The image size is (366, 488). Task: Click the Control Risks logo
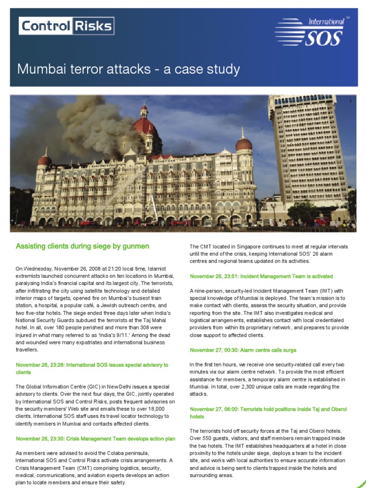pyautogui.click(x=66, y=26)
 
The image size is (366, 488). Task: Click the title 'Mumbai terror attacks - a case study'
pyautogui.click(x=128, y=70)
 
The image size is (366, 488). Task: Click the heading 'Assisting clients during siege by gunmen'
pyautogui.click(x=82, y=246)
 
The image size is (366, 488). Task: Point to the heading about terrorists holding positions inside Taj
pyautogui.click(x=268, y=413)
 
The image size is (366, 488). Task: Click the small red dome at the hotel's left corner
pyautogui.click(x=45, y=160)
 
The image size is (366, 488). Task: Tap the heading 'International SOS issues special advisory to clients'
pyautogui.click(x=92, y=368)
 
